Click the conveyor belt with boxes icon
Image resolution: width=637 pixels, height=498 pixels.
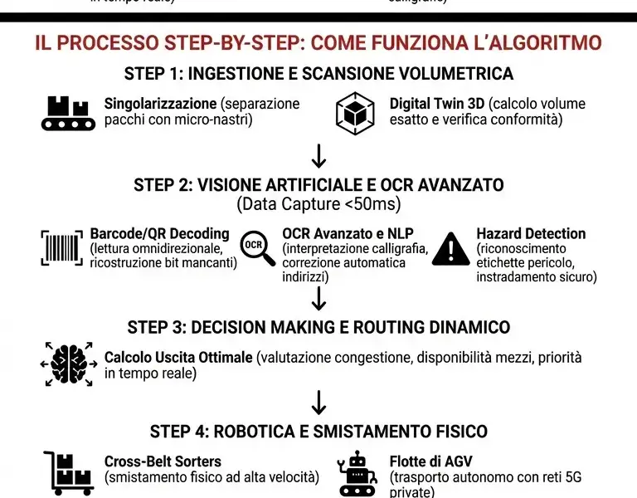click(68, 113)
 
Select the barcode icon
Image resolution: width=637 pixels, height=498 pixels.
click(61, 247)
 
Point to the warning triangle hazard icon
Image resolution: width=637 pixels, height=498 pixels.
click(450, 247)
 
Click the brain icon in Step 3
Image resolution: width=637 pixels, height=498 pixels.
click(69, 364)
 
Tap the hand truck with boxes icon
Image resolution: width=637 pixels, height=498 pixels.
click(69, 473)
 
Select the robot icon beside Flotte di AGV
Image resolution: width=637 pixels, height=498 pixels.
click(358, 474)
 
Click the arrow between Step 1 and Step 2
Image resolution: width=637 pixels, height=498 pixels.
click(318, 155)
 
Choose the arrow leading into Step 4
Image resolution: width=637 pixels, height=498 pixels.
click(318, 403)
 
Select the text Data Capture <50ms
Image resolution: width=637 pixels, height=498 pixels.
click(318, 204)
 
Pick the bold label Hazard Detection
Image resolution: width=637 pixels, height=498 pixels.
click(531, 234)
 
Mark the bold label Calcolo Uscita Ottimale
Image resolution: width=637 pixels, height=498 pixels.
click(177, 358)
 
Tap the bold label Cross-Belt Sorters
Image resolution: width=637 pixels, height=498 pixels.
click(163, 461)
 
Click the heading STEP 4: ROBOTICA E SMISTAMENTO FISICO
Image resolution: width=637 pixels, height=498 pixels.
click(318, 432)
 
